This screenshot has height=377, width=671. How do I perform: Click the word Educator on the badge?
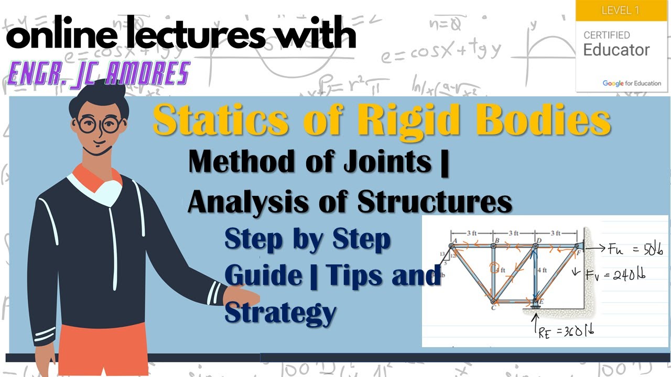616,50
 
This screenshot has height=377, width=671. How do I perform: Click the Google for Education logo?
632,83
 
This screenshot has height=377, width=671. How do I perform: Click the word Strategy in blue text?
280,312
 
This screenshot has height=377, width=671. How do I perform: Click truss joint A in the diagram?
451,245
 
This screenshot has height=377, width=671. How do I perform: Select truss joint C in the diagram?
493,301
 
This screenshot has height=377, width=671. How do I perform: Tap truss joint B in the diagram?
493,245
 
